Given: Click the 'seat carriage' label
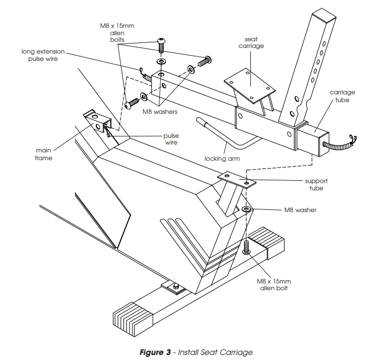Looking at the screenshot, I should pyautogui.click(x=254, y=42).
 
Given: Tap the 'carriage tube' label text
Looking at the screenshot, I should pyautogui.click(x=342, y=96).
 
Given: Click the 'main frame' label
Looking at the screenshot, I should pyautogui.click(x=44, y=154).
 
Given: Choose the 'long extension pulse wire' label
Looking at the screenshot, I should pyautogui.click(x=43, y=54).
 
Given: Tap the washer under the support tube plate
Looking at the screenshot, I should pyautogui.click(x=246, y=209).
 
